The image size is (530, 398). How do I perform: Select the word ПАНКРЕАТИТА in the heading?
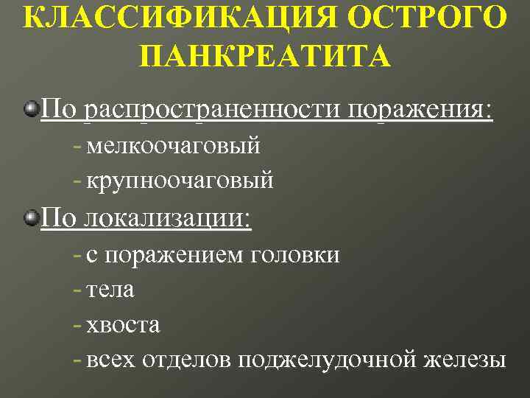264,57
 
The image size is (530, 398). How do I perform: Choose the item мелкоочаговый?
173,144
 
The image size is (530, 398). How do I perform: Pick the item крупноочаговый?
180,179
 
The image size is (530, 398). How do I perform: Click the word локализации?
168,218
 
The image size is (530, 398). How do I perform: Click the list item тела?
110,290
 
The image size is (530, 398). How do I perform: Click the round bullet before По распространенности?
31,110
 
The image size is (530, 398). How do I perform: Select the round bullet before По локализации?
31,218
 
